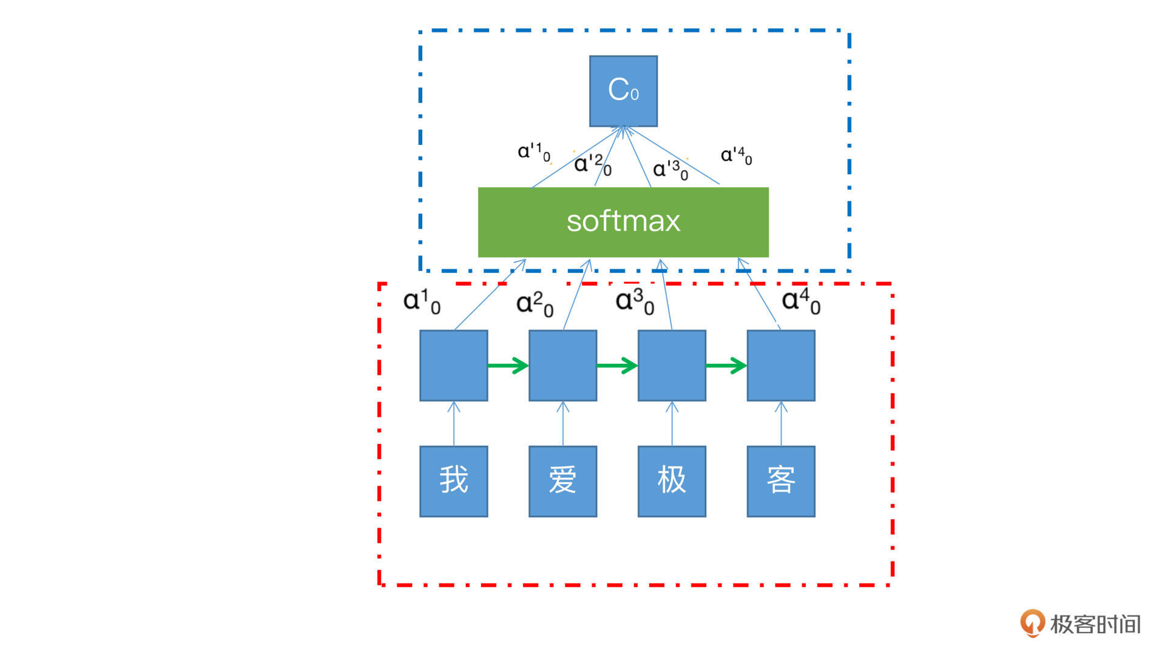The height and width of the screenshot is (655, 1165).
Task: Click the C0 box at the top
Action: click(x=623, y=91)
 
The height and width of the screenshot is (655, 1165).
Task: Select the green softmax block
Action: click(x=623, y=222)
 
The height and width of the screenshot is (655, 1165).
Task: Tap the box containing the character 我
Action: click(x=453, y=481)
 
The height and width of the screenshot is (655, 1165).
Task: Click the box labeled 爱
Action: click(x=562, y=481)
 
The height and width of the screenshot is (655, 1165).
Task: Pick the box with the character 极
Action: click(x=672, y=481)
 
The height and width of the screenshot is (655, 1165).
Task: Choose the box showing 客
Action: click(x=781, y=481)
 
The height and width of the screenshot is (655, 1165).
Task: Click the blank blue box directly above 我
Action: click(x=453, y=365)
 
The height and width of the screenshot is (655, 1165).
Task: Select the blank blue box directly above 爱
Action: click(x=562, y=365)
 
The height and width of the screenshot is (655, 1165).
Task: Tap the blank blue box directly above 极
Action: click(x=672, y=365)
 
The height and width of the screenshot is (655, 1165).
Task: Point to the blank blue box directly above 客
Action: click(x=781, y=365)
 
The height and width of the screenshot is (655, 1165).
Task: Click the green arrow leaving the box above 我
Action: click(x=508, y=365)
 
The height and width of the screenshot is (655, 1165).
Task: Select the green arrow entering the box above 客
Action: click(x=726, y=365)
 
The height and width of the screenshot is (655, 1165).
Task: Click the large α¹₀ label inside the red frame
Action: click(x=422, y=301)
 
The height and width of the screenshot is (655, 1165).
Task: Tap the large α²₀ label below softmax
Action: click(x=535, y=303)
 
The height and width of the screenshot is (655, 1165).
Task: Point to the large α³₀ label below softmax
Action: click(x=635, y=301)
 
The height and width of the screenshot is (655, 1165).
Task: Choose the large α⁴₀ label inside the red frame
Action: click(x=801, y=301)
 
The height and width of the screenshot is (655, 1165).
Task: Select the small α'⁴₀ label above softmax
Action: click(x=736, y=156)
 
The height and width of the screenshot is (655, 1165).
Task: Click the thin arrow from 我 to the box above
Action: click(x=454, y=424)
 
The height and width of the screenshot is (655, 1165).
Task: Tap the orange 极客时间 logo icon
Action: click(x=1032, y=623)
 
